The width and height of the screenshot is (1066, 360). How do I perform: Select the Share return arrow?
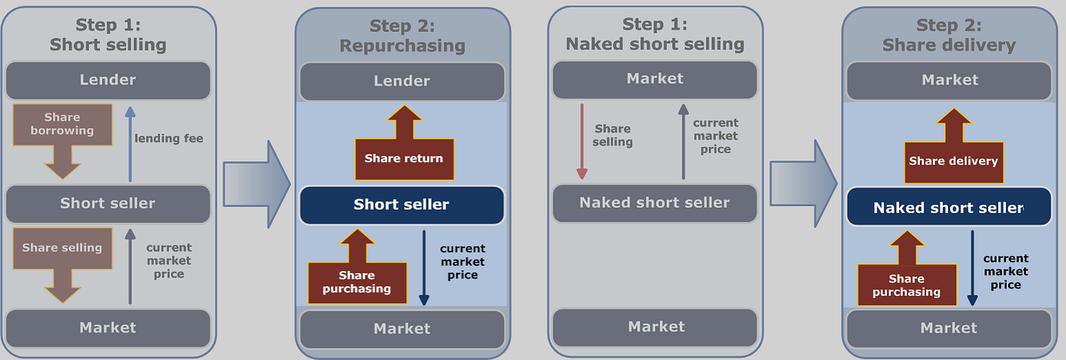click(x=403, y=153)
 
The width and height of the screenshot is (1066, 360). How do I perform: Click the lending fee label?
click(x=169, y=139)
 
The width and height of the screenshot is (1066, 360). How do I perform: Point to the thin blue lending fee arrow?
click(x=130, y=144)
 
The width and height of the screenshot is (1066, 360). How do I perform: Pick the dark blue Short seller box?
click(x=401, y=205)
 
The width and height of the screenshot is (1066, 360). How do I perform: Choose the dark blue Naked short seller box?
click(x=949, y=207)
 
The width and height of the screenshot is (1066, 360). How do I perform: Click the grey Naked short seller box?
click(x=654, y=203)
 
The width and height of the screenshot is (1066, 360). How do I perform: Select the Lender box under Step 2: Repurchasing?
click(x=401, y=81)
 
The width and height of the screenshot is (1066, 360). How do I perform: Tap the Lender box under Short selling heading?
click(x=107, y=80)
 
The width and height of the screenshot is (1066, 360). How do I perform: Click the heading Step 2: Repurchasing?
click(x=401, y=36)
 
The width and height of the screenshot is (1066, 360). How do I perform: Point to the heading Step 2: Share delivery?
click(x=949, y=36)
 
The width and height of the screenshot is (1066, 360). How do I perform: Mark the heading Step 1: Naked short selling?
click(x=654, y=34)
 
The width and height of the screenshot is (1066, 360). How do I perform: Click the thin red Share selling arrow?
click(x=582, y=141)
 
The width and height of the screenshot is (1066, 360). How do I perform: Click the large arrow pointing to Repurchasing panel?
click(x=257, y=183)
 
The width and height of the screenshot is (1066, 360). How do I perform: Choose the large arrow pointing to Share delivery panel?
click(x=804, y=183)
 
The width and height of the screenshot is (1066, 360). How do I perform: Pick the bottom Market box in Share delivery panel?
click(x=949, y=328)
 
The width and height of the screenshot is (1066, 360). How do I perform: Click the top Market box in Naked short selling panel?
click(x=654, y=79)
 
